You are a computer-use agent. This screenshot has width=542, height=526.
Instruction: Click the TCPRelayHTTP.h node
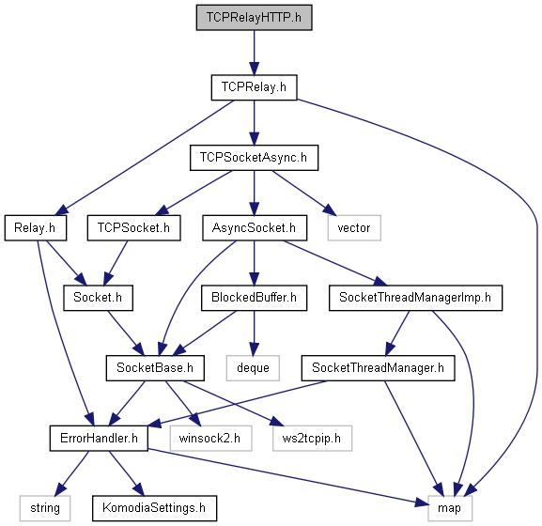(254, 18)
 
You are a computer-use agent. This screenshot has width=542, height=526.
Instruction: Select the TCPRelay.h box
(254, 87)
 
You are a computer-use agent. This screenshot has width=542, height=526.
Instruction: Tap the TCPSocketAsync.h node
(254, 158)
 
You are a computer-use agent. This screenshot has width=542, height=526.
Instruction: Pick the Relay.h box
(36, 228)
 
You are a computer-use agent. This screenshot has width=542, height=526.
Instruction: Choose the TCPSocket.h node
(133, 228)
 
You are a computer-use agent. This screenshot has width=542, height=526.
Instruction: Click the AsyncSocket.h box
(255, 228)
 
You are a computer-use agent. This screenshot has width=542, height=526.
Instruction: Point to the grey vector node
(354, 228)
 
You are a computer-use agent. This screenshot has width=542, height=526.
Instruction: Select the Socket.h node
(98, 298)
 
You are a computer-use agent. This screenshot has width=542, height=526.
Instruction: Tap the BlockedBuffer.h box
(254, 298)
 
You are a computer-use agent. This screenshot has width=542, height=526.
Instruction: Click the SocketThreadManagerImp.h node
(415, 298)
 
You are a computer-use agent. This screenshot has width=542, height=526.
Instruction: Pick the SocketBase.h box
(155, 368)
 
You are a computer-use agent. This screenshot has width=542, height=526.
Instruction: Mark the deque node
(253, 368)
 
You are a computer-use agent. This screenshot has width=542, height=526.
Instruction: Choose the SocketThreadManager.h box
(379, 368)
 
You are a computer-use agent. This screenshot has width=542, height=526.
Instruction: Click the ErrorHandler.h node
(99, 439)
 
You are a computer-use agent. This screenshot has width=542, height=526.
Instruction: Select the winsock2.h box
(210, 439)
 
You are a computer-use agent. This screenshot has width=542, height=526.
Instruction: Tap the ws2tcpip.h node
(312, 439)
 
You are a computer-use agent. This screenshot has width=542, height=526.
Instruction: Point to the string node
(45, 508)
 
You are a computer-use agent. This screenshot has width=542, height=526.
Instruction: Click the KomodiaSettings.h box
(154, 508)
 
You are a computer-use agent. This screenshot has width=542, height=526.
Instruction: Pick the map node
(450, 508)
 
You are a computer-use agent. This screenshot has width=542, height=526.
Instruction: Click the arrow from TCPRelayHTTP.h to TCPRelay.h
(254, 53)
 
